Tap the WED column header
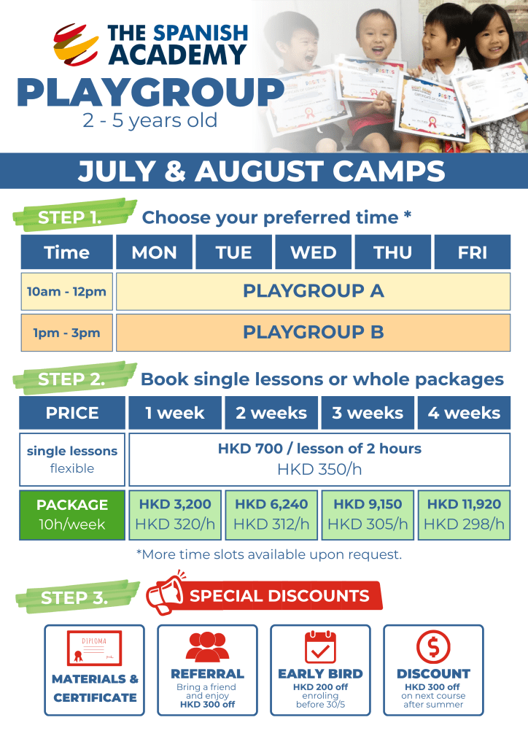314,252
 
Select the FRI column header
472,252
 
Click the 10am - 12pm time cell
66,291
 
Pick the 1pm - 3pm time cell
66,333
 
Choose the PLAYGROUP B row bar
313,333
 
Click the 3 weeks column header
368,413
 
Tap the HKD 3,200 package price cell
175,514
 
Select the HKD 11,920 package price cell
464,514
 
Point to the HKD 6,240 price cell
271,514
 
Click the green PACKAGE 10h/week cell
72,514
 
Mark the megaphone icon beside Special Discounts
165,596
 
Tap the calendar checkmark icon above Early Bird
320,646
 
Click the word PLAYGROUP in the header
150,93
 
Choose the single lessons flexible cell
72,460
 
